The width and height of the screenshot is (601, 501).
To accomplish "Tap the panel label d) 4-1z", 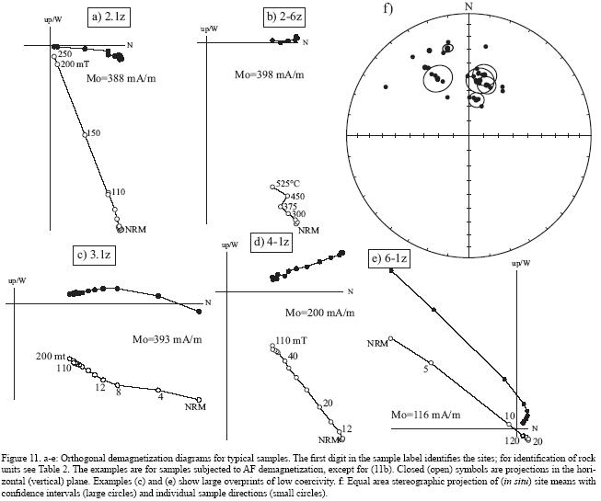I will tap(272, 242).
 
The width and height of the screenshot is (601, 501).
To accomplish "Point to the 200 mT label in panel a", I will tap(75, 64).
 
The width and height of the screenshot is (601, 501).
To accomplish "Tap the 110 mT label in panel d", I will tap(291, 342).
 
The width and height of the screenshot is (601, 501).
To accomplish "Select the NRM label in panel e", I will tap(377, 343).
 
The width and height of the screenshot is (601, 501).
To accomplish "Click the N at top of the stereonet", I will tap(469, 6).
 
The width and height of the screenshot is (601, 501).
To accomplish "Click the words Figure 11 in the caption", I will tap(24, 457).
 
